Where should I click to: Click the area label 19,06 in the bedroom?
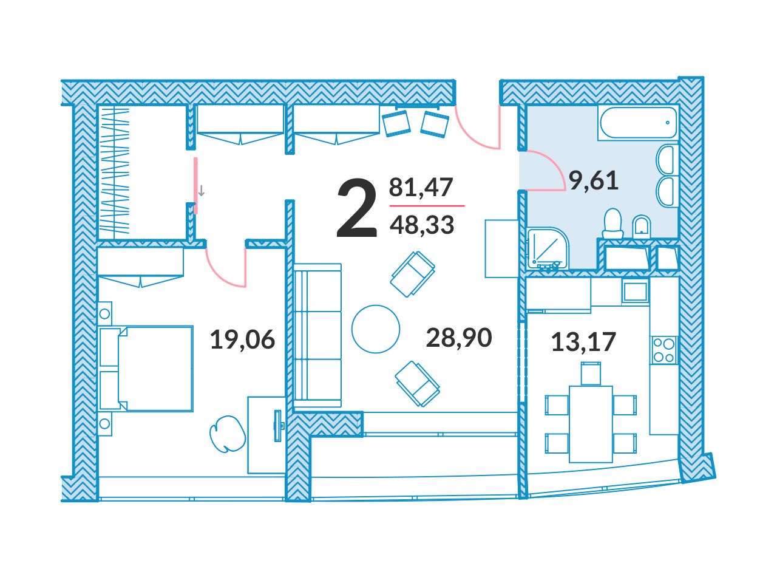(x=242, y=339)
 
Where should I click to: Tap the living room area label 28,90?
(x=459, y=337)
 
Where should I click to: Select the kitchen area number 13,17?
(x=584, y=341)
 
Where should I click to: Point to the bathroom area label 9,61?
(x=593, y=180)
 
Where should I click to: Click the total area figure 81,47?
(x=421, y=187)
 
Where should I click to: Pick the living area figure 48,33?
(x=422, y=225)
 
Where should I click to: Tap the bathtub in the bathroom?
(x=638, y=123)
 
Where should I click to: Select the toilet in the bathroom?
(x=612, y=223)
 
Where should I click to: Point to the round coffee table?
(x=376, y=329)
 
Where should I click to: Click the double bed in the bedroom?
(x=146, y=369)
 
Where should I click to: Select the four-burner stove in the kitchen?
(x=663, y=349)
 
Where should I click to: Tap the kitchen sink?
(x=636, y=291)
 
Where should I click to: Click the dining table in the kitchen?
(x=591, y=424)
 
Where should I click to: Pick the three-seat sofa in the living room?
(x=317, y=335)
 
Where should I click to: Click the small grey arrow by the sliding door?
(x=201, y=191)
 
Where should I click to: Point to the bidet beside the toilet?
(x=642, y=225)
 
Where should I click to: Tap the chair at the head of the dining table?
(x=591, y=373)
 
